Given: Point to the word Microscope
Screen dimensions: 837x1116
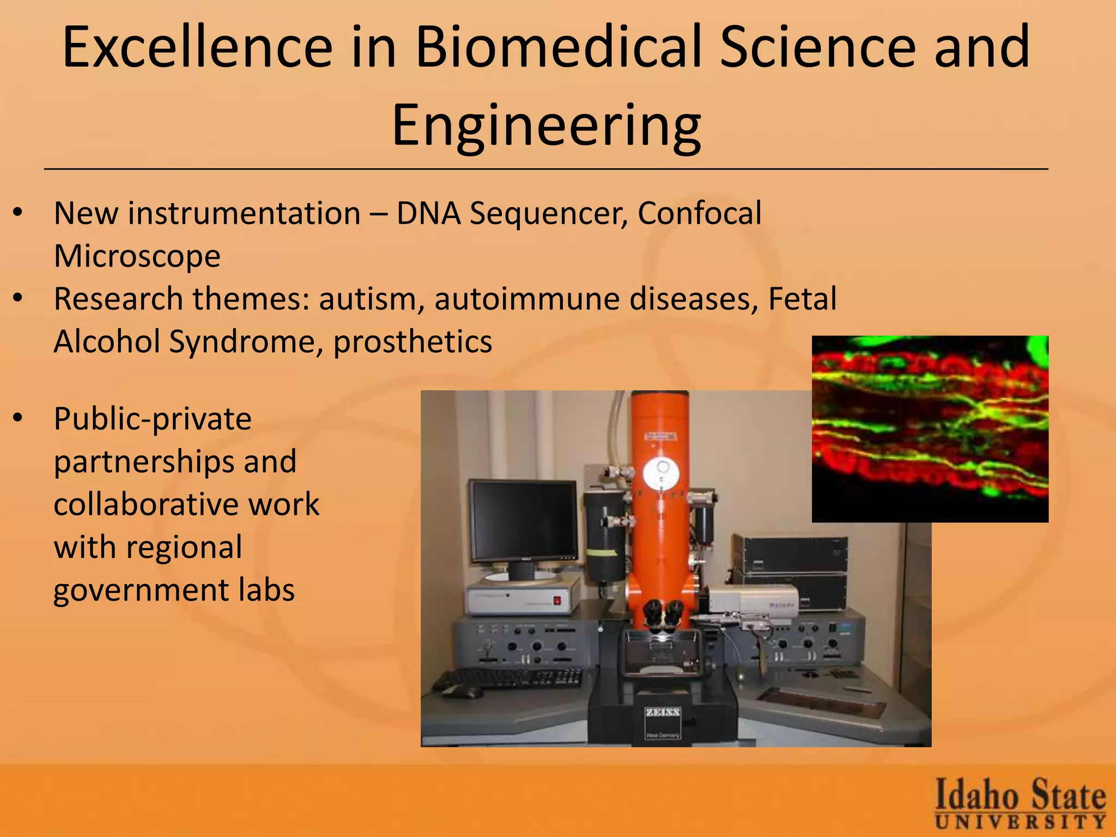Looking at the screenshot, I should pos(137,256).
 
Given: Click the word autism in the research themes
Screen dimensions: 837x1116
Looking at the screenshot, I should pos(367,299).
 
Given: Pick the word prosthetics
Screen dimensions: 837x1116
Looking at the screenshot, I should pos(413,342).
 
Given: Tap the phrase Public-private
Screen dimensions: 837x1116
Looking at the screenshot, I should pos(153,418).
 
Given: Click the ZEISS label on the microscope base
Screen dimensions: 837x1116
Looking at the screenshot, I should pos(663,713).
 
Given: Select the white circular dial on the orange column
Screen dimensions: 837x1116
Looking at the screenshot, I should pos(660,473).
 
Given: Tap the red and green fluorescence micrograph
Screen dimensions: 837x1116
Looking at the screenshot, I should pos(930,429).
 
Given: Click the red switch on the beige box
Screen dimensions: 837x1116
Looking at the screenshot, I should pos(557,601).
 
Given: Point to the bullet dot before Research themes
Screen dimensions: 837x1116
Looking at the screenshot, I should pos(19,299).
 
